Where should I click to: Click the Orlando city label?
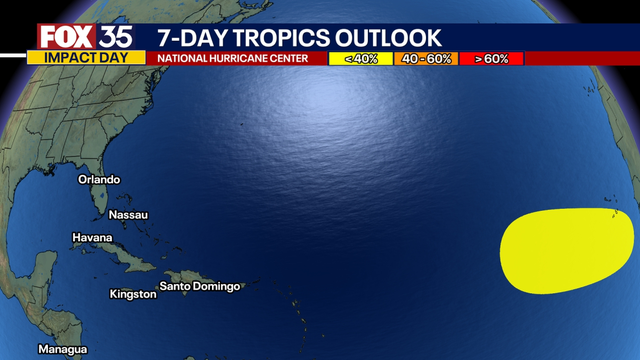pyautogui.click(x=100, y=180)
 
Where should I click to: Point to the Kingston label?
pyautogui.click(x=133, y=294)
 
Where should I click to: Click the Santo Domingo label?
pyautogui.click(x=201, y=287)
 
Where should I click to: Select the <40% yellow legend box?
pyautogui.click(x=360, y=58)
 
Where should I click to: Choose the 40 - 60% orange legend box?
pyautogui.click(x=426, y=58)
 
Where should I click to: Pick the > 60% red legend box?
pyautogui.click(x=491, y=58)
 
